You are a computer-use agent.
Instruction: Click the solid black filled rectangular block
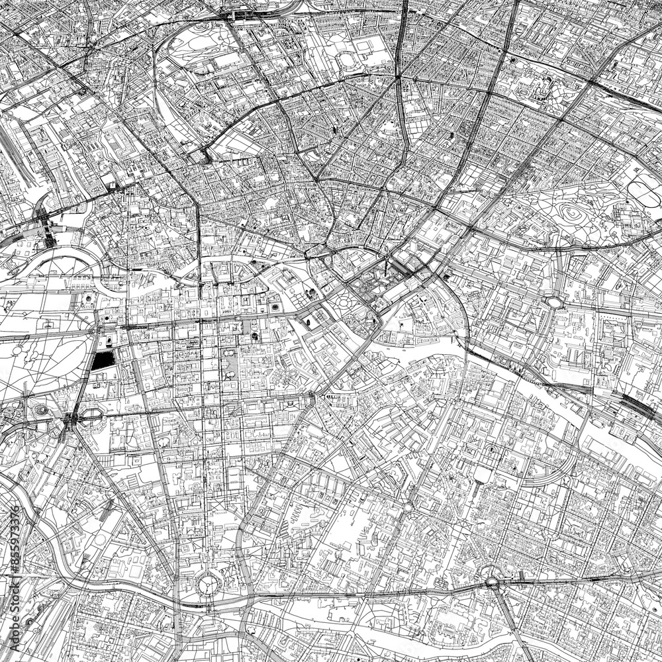(x=102, y=361)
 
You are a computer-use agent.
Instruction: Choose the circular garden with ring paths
(x=344, y=303)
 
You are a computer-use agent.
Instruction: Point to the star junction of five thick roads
(x=398, y=78)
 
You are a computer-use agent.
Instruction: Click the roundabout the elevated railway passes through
(x=492, y=583)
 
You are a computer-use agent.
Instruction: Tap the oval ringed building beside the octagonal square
(x=42, y=410)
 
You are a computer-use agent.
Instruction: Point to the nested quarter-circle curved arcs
(x=53, y=261)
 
